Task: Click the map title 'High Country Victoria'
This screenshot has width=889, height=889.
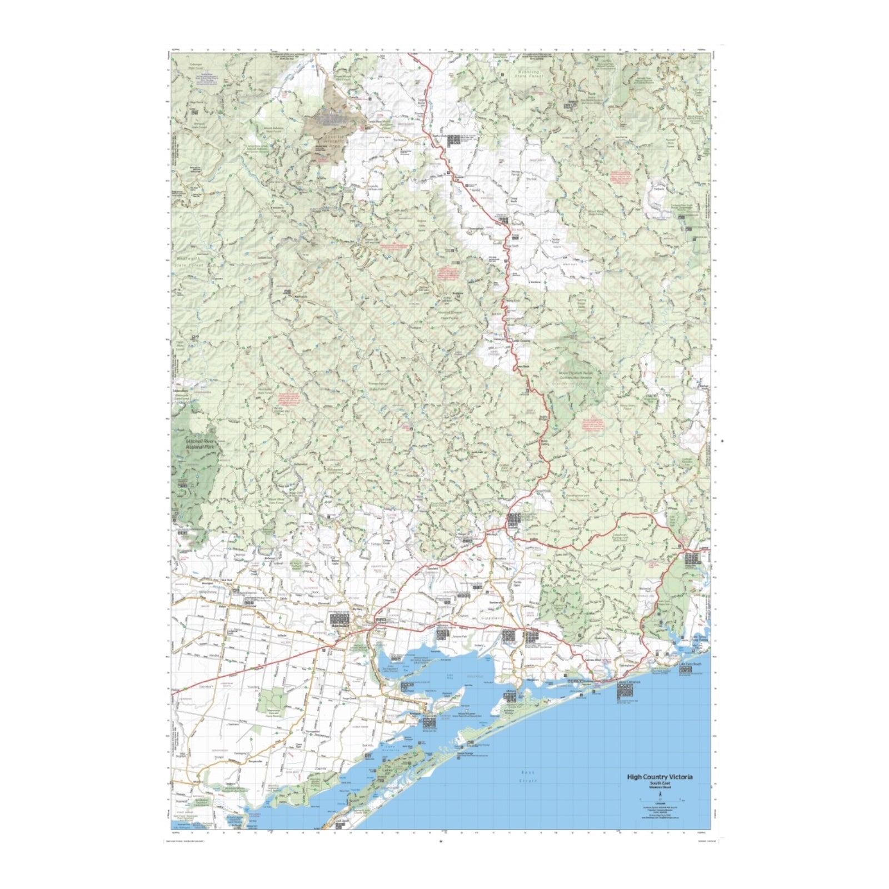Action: click(660, 777)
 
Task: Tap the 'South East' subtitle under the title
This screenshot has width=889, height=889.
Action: click(660, 783)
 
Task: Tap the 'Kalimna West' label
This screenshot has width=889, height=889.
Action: click(595, 660)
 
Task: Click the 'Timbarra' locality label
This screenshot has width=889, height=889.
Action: click(659, 189)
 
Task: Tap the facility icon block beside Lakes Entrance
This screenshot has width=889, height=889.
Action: click(625, 691)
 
